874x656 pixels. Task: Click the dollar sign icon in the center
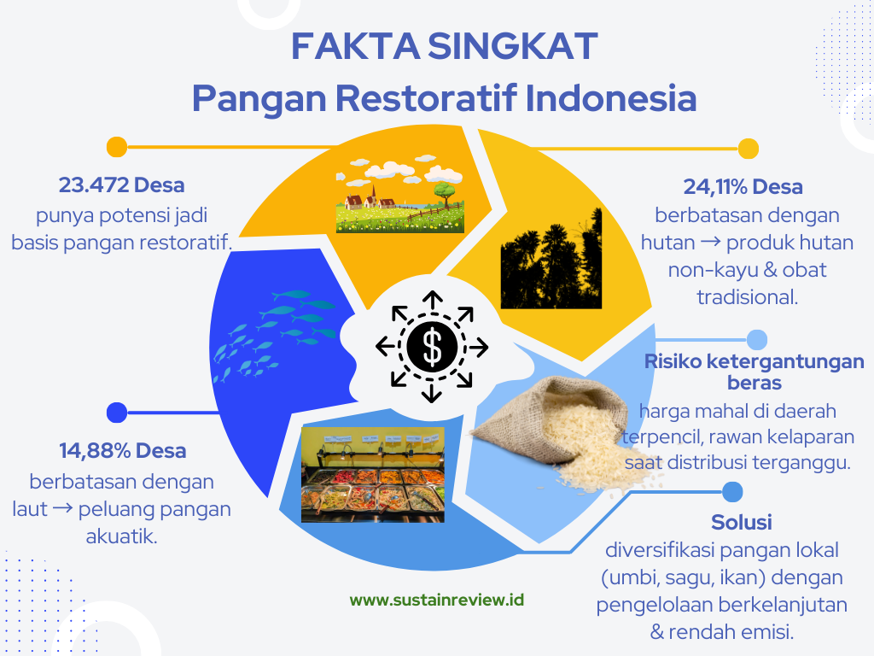[432, 347]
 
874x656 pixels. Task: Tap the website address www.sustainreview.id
[436, 600]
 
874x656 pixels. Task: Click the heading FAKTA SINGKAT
[444, 46]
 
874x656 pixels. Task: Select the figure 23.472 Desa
[121, 184]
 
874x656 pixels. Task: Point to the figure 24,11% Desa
[743, 186]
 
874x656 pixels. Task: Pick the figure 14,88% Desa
[123, 450]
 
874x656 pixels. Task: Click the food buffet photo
[373, 475]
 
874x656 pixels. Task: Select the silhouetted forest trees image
[551, 259]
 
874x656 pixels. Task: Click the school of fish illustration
[274, 335]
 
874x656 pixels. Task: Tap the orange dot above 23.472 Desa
[116, 147]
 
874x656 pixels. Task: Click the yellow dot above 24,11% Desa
[749, 149]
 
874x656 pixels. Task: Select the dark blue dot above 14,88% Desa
[116, 413]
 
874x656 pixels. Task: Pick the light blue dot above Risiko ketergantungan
[756, 340]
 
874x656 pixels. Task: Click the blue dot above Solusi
[732, 492]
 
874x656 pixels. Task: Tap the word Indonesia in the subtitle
[611, 98]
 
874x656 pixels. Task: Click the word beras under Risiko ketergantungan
[755, 384]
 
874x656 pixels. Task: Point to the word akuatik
[121, 536]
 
